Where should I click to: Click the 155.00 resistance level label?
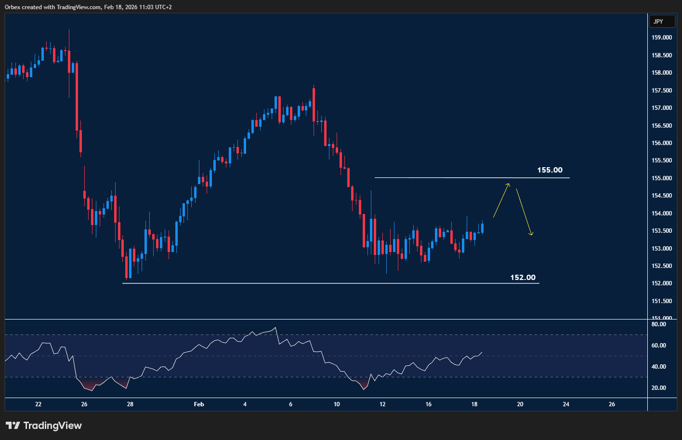point(550,170)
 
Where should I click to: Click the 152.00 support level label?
point(523,278)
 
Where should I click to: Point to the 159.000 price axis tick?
point(661,38)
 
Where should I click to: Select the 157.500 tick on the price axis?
point(661,91)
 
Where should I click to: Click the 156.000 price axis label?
point(661,143)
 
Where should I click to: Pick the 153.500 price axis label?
point(661,231)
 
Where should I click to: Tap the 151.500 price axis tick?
point(661,301)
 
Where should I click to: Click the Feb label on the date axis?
point(199,404)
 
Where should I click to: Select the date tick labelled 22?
point(39,404)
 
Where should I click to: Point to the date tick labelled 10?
point(337,404)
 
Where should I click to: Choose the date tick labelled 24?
point(566,404)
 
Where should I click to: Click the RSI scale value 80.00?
point(658,324)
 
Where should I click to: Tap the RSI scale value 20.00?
point(658,388)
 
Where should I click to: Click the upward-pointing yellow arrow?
point(501,200)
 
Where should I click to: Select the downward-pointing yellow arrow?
point(524,212)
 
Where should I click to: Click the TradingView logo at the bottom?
point(44,426)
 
